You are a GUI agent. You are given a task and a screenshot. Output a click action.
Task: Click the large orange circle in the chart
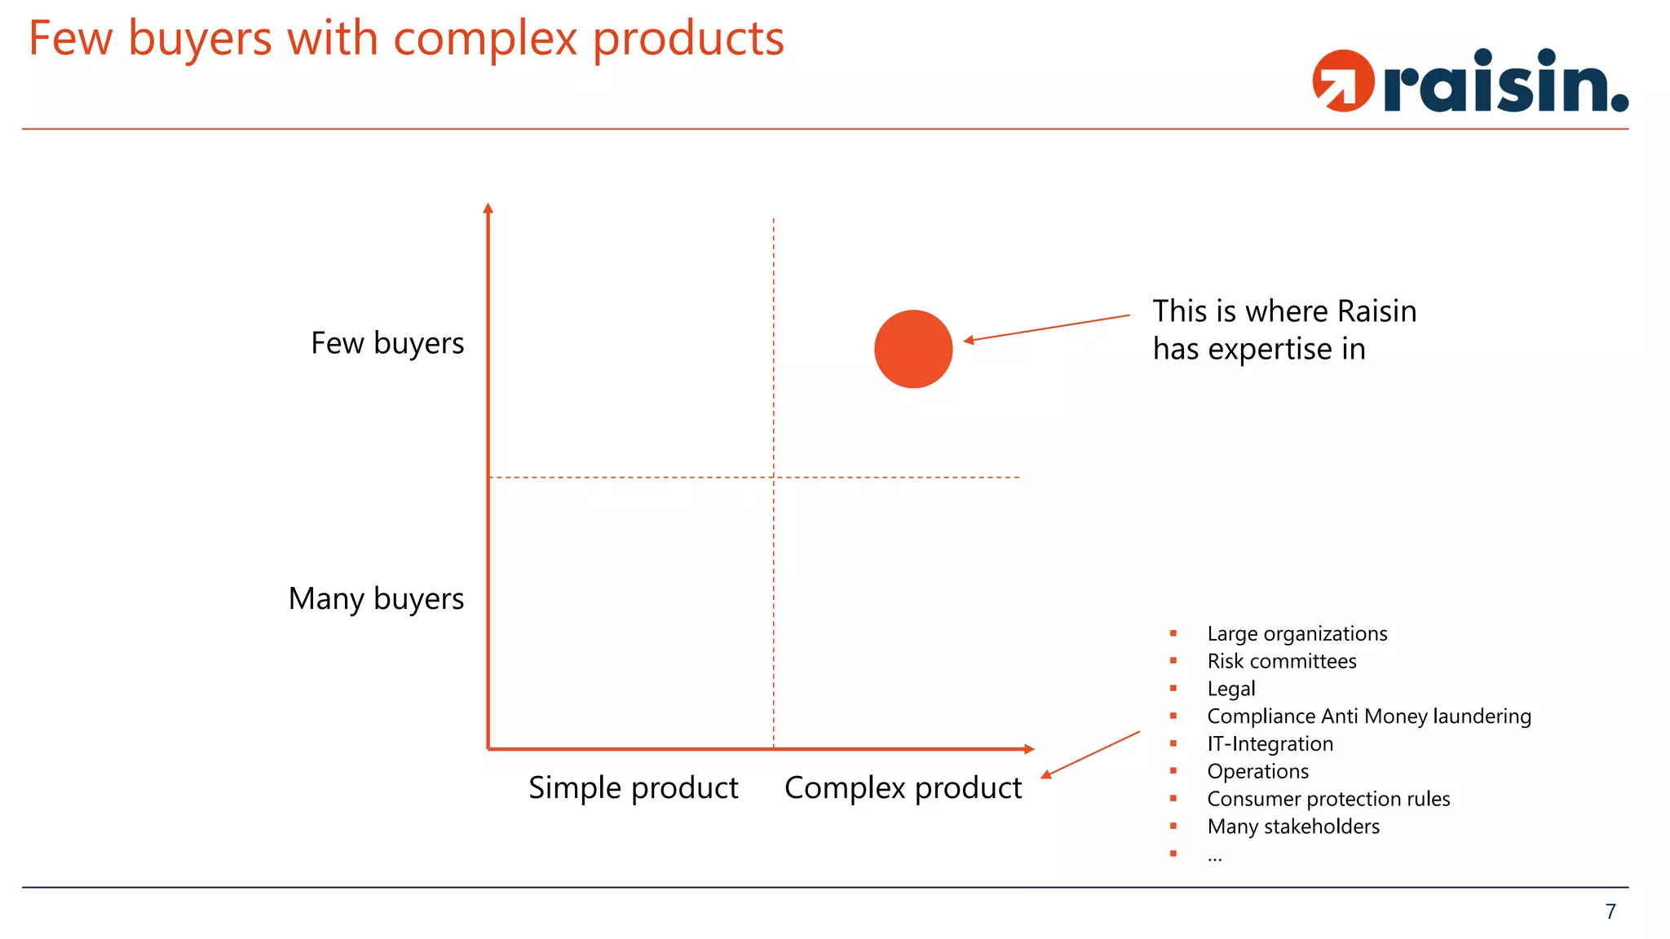913,349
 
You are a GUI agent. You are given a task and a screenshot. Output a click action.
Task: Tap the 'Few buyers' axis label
387,343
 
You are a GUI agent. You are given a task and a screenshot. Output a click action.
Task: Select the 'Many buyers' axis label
376,599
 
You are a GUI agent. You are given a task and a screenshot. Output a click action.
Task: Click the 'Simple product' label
633,788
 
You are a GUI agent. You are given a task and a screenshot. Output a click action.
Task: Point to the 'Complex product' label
903,788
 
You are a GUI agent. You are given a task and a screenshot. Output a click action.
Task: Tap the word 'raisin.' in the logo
1505,82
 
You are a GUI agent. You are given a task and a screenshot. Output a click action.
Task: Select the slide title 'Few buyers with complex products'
406,38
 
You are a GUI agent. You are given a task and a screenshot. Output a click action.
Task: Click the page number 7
1610,911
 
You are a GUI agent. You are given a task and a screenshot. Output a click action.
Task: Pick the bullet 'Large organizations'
1297,634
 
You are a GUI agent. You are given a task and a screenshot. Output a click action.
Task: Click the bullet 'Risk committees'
1281,661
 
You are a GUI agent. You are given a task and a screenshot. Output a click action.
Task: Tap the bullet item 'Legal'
1230,689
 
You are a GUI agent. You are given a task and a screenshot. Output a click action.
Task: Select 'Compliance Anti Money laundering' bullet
1368,716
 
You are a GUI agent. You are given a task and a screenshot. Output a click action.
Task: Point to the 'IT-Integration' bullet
1270,744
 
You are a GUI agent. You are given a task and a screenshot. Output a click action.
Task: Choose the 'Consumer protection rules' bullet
1328,799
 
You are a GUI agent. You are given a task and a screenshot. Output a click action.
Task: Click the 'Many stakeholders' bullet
1292,827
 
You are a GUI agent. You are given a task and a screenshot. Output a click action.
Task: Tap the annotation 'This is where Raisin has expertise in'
1283,330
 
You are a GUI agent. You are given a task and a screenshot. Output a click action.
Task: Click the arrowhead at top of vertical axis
488,208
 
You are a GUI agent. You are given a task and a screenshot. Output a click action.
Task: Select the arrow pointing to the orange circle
1047,328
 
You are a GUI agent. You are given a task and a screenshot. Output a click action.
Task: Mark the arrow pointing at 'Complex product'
1090,755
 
